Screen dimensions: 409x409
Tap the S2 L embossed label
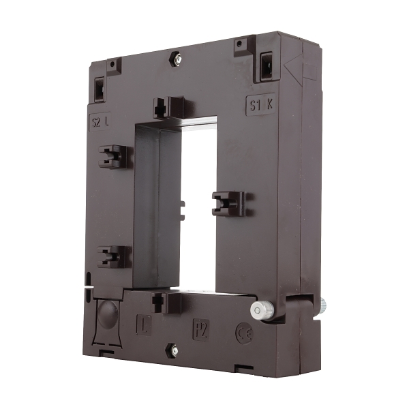102,123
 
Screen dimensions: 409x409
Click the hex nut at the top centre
177,60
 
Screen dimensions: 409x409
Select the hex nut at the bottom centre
175,351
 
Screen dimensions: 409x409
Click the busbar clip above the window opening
167,107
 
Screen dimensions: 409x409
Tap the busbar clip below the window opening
166,302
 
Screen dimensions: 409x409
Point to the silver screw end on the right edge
322,305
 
